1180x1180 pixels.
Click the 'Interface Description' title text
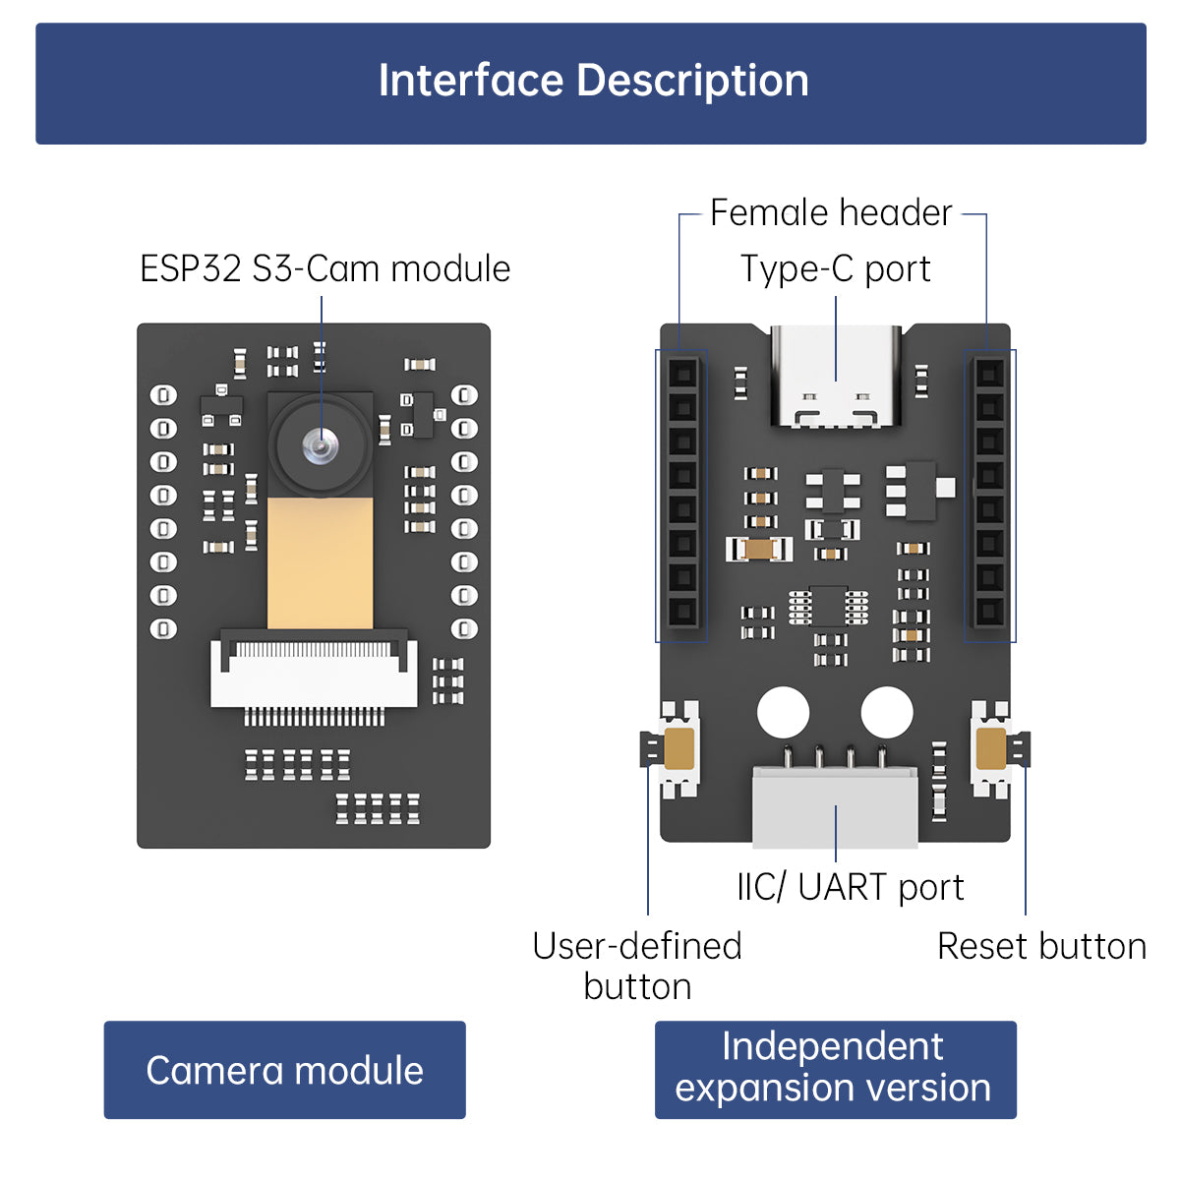[x=593, y=82]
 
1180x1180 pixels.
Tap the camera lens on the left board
[x=321, y=446]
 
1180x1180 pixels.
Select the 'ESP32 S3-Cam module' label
[x=324, y=268]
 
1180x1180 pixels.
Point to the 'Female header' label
[x=831, y=212]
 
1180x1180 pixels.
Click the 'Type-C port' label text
[x=835, y=269]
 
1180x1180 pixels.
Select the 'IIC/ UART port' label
[x=850, y=887]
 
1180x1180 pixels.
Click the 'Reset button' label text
[x=1041, y=946]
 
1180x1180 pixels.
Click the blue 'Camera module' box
[x=284, y=1070]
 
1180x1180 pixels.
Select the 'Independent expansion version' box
[x=835, y=1069]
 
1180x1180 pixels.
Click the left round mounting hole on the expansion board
[x=784, y=712]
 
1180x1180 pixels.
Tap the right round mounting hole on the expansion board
[x=887, y=712]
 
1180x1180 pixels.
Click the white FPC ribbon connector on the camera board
[x=314, y=675]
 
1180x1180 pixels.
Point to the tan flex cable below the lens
[x=321, y=562]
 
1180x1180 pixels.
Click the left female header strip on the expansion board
[x=682, y=494]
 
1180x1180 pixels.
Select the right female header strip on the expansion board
[x=989, y=494]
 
